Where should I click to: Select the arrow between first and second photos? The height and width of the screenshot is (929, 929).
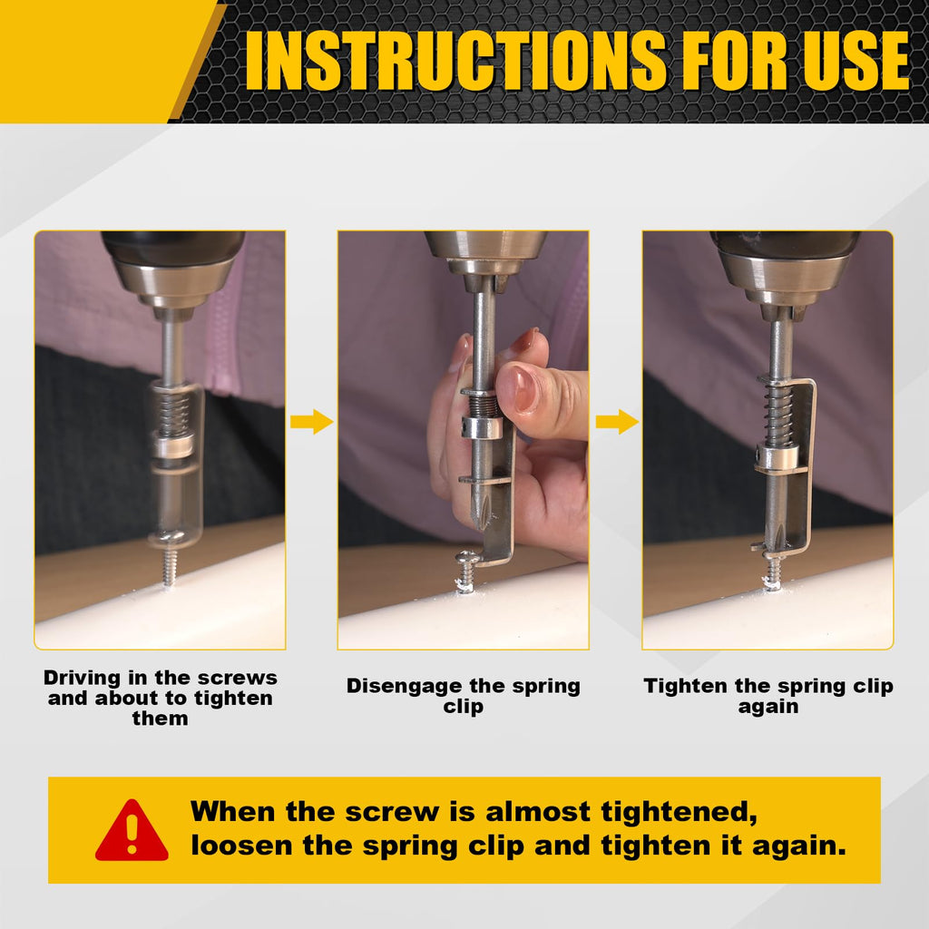(311, 422)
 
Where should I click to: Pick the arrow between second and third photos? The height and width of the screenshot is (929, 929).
(616, 422)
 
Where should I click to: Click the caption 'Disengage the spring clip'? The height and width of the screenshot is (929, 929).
(463, 696)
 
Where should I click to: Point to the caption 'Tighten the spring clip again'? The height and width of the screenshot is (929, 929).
(768, 696)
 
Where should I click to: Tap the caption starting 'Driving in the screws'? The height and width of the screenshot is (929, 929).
(160, 698)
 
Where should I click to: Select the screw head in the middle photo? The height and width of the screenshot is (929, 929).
(466, 561)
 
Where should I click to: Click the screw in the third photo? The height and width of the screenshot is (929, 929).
(772, 572)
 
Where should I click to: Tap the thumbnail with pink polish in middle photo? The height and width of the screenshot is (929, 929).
(519, 388)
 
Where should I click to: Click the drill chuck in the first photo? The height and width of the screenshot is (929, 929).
(171, 272)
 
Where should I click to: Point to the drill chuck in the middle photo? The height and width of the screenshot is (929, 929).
(484, 254)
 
